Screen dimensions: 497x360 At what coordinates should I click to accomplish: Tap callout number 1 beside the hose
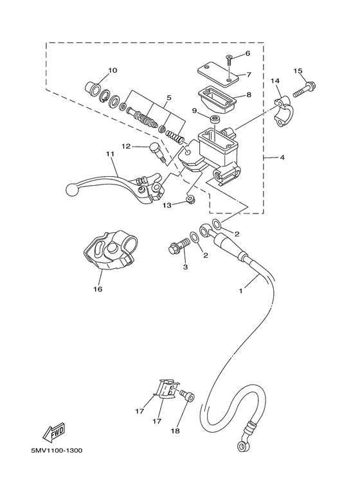(x=242, y=291)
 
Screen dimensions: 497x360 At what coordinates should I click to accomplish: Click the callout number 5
(x=168, y=98)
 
